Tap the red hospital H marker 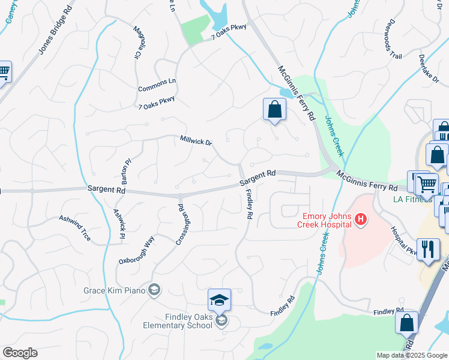(360, 220)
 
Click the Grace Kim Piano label (115, 290)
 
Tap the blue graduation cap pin (219, 299)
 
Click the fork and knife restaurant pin (427, 249)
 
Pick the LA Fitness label (412, 199)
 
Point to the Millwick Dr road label (196, 141)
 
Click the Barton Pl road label (125, 171)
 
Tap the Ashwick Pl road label (119, 220)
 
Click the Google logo (20, 353)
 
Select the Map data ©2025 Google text (412, 355)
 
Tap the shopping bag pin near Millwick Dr (274, 110)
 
